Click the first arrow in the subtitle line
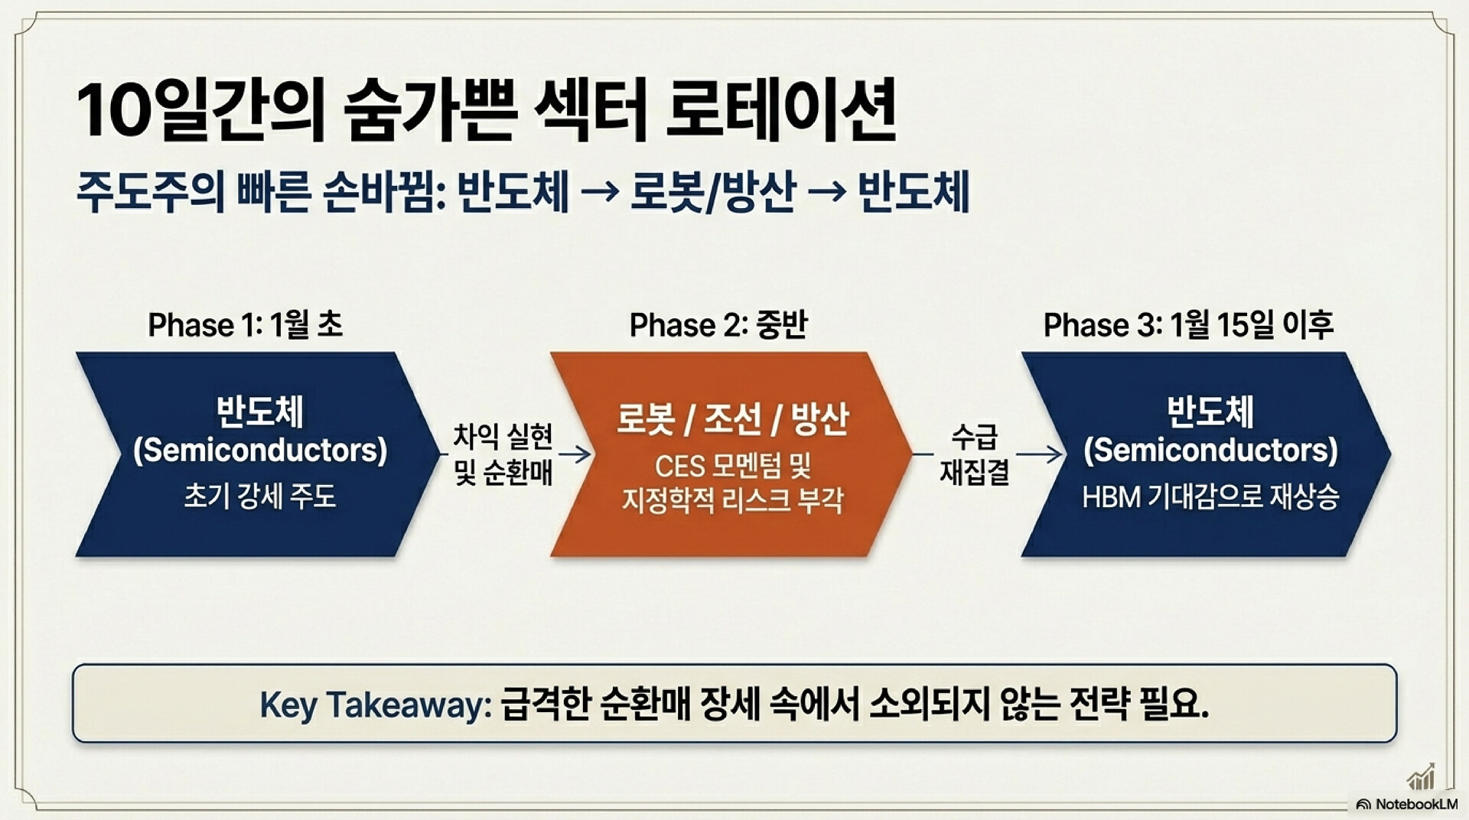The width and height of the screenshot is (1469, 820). [600, 192]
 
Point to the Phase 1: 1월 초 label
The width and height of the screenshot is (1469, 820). [245, 324]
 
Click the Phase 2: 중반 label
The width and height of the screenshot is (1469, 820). [718, 324]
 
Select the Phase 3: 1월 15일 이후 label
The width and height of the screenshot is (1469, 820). [1188, 324]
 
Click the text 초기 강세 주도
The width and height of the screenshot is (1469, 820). [260, 496]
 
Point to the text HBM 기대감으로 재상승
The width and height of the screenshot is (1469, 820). [1210, 497]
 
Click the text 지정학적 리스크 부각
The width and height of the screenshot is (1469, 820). [732, 500]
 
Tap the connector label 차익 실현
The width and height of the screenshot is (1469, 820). [503, 437]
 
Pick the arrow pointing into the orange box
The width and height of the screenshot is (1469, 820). [575, 454]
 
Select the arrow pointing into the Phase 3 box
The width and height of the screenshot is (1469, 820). [1040, 454]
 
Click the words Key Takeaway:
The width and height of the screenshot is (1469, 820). [376, 704]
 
